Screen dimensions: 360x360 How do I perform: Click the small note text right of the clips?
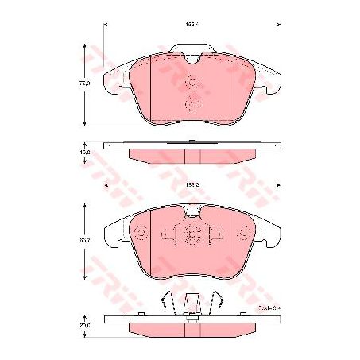[x=249, y=304]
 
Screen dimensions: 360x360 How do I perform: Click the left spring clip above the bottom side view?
[x=169, y=304]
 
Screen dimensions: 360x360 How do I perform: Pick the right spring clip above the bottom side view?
[x=215, y=304]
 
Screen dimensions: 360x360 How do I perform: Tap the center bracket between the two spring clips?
[x=192, y=303]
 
